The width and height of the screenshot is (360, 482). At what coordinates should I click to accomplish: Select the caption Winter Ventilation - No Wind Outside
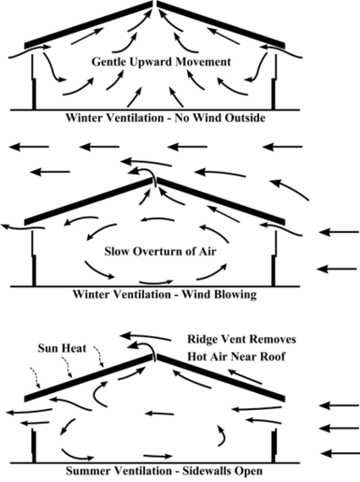point(166,118)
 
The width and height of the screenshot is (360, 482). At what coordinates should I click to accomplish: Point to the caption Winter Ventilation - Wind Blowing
point(165,294)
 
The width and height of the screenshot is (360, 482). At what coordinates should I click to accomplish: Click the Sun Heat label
point(62,348)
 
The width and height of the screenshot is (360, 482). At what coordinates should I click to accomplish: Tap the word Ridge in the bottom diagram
point(202,339)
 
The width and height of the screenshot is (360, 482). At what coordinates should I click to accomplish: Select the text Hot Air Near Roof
point(237,357)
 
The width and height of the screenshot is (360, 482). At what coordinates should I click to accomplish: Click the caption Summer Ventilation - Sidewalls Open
point(165,470)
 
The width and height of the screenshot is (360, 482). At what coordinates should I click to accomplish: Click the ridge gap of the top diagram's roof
point(155,4)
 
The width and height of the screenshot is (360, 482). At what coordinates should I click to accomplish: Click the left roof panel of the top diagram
point(88,24)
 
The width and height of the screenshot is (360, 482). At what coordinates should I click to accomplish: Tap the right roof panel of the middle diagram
point(220,201)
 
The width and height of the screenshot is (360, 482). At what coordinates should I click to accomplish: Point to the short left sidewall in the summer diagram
point(34,447)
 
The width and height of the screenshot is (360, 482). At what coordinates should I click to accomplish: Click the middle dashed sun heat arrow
point(67,367)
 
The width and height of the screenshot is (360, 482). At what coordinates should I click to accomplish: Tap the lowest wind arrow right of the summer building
point(339,453)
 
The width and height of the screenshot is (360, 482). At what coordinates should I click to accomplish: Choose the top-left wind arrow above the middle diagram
point(29,147)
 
